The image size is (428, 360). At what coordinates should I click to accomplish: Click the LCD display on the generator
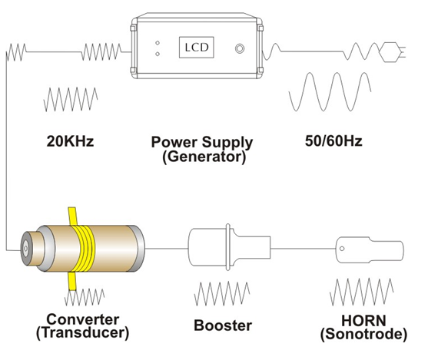coord(196,48)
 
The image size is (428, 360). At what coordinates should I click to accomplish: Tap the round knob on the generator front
coord(240,48)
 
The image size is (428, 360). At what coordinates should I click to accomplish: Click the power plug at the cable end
coord(393,52)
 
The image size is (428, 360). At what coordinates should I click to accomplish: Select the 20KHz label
coord(70,141)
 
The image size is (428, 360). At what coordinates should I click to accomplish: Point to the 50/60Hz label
coord(333,141)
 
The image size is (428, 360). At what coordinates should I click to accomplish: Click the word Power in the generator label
coord(174,142)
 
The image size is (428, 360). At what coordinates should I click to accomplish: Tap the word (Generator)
coord(204,157)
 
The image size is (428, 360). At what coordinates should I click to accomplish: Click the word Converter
coord(83,319)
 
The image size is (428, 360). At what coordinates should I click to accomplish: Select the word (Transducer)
coord(82,333)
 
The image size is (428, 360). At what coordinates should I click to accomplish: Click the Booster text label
coord(223,325)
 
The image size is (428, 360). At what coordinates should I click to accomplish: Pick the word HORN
coord(363,321)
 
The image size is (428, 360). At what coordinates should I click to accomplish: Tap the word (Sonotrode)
coord(363,334)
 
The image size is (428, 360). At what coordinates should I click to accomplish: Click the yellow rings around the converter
coord(84,248)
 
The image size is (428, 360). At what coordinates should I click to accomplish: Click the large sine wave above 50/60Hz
coord(330,91)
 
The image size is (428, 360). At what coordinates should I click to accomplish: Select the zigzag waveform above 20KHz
coord(71,99)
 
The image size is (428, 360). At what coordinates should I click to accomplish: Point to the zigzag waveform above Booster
coord(222,293)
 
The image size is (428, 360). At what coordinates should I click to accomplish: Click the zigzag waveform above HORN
coord(362,292)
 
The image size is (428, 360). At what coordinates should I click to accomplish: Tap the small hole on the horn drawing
coord(342,249)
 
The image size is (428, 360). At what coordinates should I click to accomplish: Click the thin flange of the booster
coord(228,247)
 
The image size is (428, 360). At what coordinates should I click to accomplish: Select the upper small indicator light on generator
coord(158,43)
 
